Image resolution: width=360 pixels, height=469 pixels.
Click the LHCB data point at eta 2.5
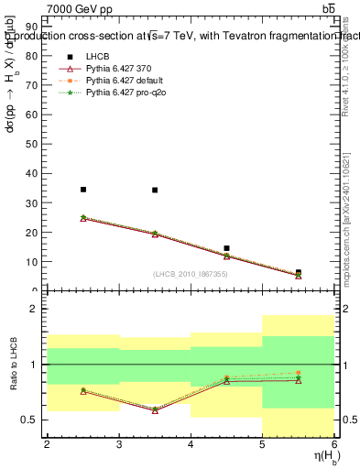[83, 190]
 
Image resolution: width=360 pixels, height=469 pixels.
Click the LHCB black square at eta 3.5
[155, 191]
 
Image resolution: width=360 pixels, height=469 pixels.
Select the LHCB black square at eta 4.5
[226, 248]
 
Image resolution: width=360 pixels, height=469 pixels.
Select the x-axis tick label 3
[119, 444]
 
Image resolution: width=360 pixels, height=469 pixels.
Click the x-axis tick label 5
[263, 444]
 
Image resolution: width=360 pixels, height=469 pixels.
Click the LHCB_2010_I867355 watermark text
[191, 275]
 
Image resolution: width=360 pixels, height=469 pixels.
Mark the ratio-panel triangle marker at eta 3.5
[155, 410]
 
